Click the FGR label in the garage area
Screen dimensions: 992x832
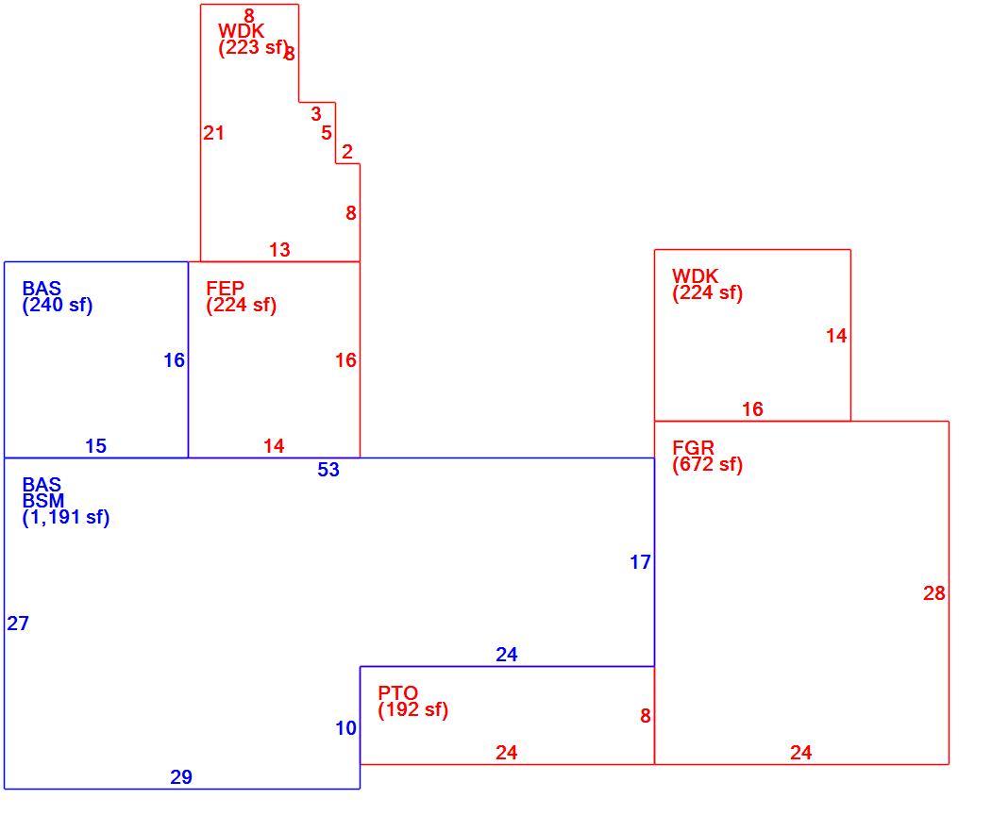pos(694,448)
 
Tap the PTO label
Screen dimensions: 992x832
pos(398,693)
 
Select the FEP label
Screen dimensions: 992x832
pos(226,289)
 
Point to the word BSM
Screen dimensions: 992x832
pos(43,501)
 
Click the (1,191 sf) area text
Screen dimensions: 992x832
pos(66,518)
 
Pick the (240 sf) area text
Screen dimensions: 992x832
pos(58,306)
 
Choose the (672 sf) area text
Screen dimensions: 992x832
pos(707,465)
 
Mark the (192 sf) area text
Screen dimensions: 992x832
pos(413,710)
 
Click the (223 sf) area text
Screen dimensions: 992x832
pos(253,47)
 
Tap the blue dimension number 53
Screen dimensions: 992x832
pos(328,470)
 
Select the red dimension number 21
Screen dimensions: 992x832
pos(214,133)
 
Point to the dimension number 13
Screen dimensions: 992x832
pos(279,250)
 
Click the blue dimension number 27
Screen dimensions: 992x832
pos(18,624)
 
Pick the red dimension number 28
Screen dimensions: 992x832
pos(934,593)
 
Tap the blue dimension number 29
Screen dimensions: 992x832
pos(181,777)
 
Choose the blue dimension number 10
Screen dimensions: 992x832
pos(346,728)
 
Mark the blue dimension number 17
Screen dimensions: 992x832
pos(640,562)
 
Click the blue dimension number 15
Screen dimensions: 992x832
pos(95,446)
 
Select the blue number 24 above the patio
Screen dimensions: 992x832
pos(507,655)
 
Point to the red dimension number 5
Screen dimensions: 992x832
pos(327,133)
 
